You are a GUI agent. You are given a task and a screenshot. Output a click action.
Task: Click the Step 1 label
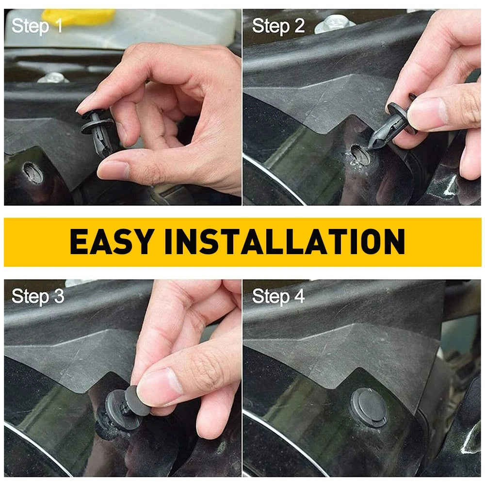point(37,26)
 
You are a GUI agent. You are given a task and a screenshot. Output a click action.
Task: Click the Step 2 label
point(278,26)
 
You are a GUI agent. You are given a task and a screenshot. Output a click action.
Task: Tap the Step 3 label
point(38,296)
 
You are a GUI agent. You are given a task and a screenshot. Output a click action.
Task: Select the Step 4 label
point(278,296)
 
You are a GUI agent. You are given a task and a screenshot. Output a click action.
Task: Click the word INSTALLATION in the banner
point(285,242)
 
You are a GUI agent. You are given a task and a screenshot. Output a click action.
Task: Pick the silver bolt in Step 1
point(52,78)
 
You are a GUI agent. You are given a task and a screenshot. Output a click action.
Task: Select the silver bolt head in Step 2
point(335,23)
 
